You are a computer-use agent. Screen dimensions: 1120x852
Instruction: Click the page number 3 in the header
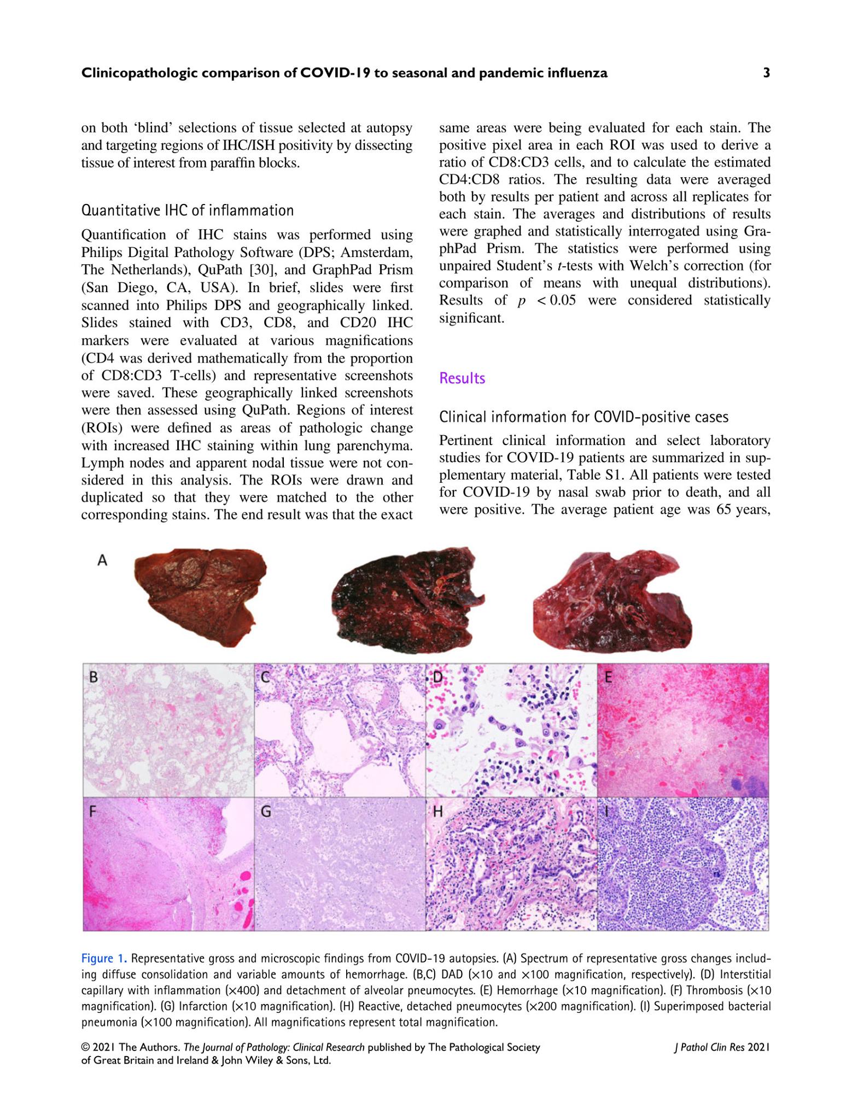point(766,73)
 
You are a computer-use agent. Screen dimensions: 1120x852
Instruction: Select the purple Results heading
point(462,378)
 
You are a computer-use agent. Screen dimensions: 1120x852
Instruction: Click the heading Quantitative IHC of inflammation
point(187,211)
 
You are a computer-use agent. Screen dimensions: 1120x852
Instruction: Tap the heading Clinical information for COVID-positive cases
point(583,417)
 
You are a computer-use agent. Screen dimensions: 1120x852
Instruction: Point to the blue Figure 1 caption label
point(104,959)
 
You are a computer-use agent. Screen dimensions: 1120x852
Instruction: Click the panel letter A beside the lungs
point(102,560)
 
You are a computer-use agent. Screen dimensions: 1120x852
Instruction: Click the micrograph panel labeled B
point(168,731)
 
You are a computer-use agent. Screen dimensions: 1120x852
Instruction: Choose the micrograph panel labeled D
point(511,731)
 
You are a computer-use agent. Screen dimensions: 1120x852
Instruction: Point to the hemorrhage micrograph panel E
point(683,731)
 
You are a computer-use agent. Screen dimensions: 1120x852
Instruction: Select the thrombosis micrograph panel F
point(168,864)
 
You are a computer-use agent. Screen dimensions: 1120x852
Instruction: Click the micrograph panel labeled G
point(340,864)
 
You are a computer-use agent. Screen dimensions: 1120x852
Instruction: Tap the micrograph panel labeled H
point(511,864)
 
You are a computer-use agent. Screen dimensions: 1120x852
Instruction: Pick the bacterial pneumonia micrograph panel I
point(683,864)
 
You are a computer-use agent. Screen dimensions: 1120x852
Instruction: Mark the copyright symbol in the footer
point(86,1048)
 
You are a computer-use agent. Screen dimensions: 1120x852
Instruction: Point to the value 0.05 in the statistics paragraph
point(563,301)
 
